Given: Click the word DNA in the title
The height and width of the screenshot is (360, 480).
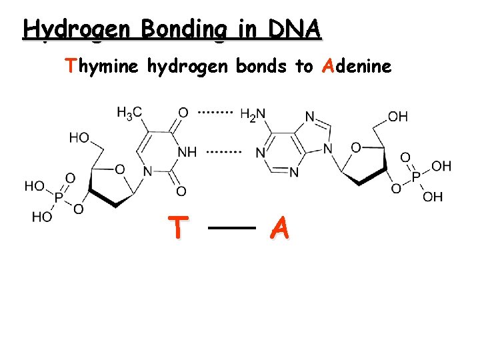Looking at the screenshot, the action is click(294, 29).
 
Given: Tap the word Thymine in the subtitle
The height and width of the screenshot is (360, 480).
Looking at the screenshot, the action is click(101, 66).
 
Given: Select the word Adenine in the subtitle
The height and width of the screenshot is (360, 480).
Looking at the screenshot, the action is click(357, 66).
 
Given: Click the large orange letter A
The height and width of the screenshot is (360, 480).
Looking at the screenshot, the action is click(280, 229).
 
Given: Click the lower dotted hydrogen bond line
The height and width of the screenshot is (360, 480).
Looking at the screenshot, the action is click(223, 152).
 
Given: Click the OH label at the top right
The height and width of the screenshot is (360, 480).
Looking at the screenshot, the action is click(397, 117).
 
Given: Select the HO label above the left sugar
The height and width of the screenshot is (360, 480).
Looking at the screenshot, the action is click(79, 137).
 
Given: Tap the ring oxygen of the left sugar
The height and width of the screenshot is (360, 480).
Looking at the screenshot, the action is click(119, 169).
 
